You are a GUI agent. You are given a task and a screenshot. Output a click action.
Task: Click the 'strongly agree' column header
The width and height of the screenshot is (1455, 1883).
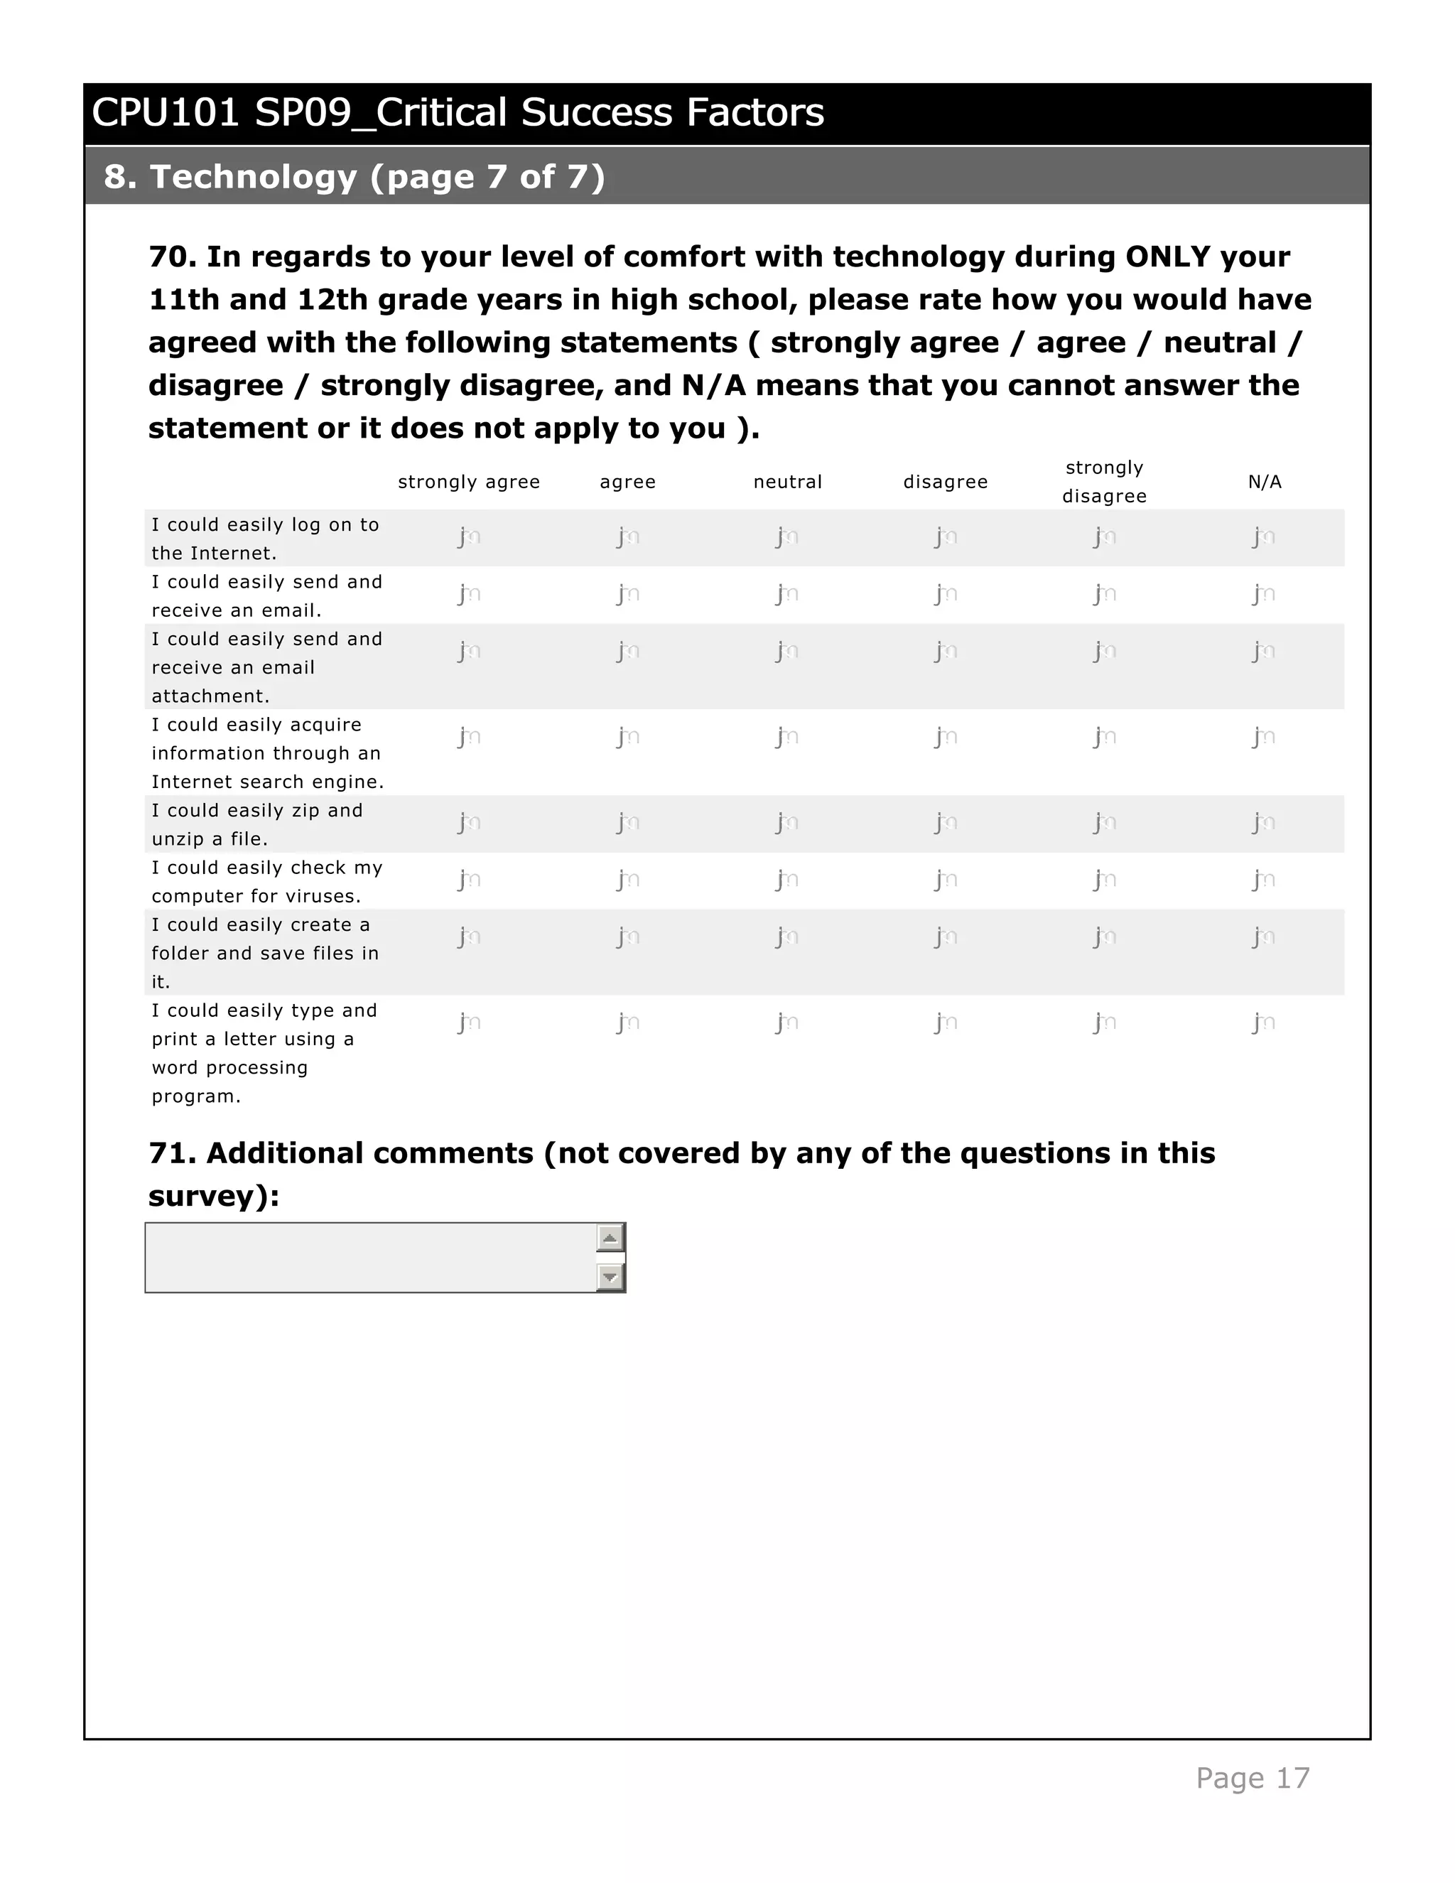pos(468,482)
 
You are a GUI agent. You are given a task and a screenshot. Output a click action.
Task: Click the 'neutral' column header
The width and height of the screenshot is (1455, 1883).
pos(787,482)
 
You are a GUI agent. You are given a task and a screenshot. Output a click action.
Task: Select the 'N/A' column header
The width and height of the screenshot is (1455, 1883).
pos(1264,482)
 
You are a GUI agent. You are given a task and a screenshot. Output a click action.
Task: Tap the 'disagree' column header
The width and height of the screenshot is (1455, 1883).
pos(945,482)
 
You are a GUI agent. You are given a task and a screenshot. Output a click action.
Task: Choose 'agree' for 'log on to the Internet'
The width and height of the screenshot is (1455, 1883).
pos(627,537)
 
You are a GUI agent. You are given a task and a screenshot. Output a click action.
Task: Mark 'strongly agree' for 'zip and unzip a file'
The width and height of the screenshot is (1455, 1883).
pos(468,823)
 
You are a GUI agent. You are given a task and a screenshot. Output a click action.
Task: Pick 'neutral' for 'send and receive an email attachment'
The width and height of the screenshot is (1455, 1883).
pos(786,651)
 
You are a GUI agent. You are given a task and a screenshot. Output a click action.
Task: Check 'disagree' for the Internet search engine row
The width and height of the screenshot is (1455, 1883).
pos(946,737)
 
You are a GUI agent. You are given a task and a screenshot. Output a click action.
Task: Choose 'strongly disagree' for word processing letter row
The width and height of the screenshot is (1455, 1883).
pos(1104,1023)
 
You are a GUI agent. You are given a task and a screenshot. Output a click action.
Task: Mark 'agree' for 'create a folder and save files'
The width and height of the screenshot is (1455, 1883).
pos(627,937)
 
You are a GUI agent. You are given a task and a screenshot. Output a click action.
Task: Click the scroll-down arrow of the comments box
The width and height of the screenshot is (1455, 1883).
pos(610,1277)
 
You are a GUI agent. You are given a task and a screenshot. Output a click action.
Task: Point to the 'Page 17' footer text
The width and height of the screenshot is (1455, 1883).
pos(1252,1778)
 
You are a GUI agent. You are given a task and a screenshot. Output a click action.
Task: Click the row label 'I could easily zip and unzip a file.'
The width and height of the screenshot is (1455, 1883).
pos(257,824)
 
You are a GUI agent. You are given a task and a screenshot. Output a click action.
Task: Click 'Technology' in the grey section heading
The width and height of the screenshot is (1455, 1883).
pos(254,177)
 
